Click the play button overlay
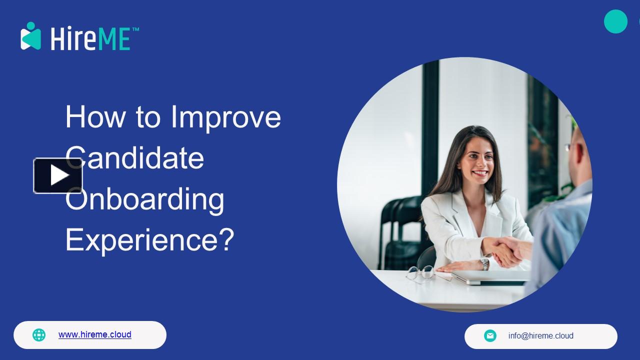click(58, 175)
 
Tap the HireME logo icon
click(30, 36)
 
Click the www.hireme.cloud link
click(94, 334)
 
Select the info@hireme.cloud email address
click(540, 336)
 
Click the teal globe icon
click(39, 335)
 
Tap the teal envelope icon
click(490, 336)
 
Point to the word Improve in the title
click(225, 117)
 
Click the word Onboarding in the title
click(145, 199)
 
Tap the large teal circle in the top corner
click(615, 21)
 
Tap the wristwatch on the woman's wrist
click(484, 263)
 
